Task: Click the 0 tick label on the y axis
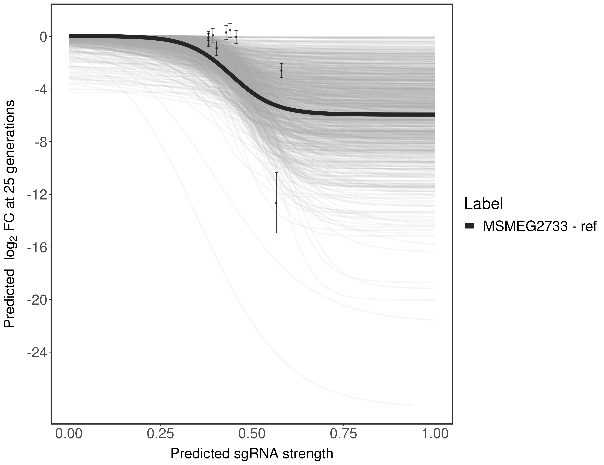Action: point(43,37)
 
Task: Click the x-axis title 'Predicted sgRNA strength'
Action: point(252,454)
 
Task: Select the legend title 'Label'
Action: point(483,204)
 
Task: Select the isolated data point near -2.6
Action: point(281,71)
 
